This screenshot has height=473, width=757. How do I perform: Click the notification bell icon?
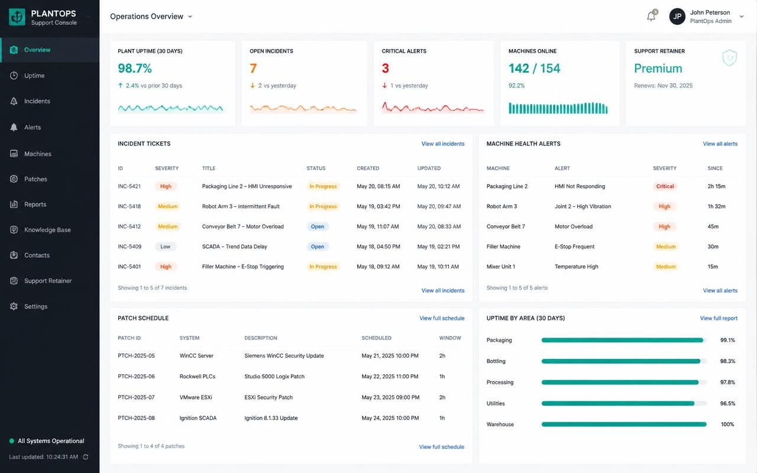click(x=651, y=16)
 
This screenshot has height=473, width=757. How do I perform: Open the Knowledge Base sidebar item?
click(x=47, y=230)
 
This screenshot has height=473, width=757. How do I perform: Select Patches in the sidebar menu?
click(x=35, y=179)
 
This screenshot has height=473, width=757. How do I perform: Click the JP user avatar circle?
click(x=677, y=16)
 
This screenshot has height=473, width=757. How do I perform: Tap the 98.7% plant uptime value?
click(x=134, y=68)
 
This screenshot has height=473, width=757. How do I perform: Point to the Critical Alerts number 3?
click(x=385, y=68)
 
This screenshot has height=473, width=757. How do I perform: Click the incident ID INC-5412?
click(x=129, y=226)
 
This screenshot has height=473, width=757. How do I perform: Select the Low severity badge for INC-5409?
click(x=165, y=247)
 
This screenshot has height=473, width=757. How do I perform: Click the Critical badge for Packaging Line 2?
click(x=665, y=186)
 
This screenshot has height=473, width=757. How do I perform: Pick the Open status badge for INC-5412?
click(x=318, y=226)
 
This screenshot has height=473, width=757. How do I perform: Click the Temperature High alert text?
click(x=576, y=267)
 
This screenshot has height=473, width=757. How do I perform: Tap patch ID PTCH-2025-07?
click(x=136, y=397)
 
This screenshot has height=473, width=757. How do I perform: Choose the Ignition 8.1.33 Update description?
click(x=271, y=418)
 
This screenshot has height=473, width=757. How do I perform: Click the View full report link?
click(x=719, y=318)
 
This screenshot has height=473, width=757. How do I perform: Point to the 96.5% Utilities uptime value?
click(x=727, y=403)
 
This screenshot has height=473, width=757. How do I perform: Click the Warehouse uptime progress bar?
click(x=624, y=425)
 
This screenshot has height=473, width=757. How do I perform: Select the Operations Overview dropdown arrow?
click(x=190, y=17)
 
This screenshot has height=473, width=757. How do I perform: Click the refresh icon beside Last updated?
click(x=86, y=457)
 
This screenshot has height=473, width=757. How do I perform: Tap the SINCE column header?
click(x=715, y=169)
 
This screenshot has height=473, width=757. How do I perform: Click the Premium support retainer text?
click(x=658, y=68)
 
